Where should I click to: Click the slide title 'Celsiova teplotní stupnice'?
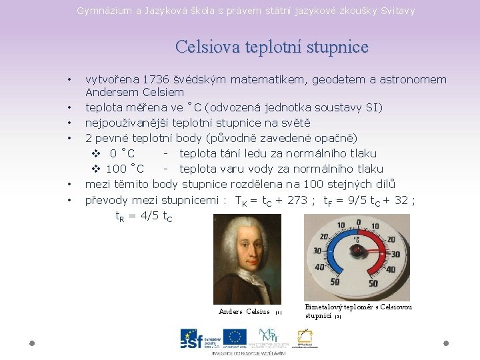271,47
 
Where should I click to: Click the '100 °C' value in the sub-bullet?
125,169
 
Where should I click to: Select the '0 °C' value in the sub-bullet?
122,153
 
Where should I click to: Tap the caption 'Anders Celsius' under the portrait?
244,311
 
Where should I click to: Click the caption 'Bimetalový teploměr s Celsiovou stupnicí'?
358,311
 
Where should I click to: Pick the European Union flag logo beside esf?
235,337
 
